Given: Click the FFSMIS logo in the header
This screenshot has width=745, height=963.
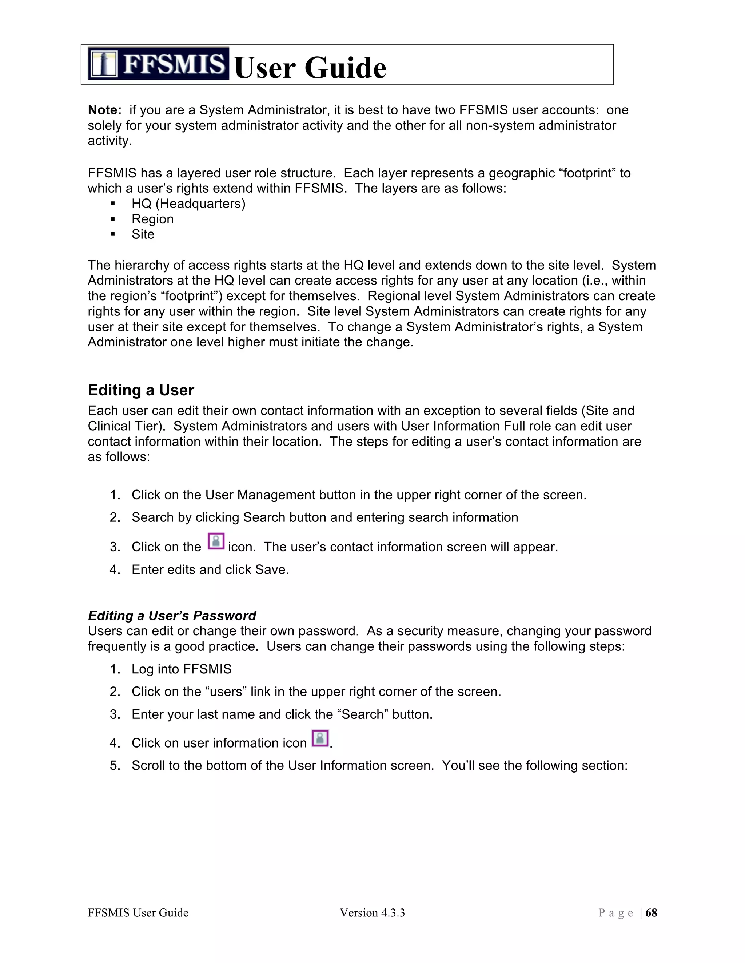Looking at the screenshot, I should [158, 63].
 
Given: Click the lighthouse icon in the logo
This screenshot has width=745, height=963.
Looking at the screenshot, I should [103, 64].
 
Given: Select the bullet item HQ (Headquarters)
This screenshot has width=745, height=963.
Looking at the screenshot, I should [188, 204].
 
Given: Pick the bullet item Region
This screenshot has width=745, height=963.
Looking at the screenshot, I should [152, 219].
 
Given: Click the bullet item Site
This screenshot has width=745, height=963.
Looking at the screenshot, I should [143, 234].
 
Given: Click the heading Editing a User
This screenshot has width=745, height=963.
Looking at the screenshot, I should [141, 390].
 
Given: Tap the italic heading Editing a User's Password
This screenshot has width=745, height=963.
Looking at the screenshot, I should [172, 616].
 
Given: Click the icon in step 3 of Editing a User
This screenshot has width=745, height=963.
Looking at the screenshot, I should [216, 541].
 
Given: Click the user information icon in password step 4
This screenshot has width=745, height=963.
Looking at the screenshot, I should [320, 738].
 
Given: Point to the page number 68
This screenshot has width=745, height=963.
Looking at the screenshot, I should [651, 913].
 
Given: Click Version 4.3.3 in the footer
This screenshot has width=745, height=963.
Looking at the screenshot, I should [372, 913].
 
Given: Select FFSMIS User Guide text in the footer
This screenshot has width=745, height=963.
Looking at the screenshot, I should [138, 913].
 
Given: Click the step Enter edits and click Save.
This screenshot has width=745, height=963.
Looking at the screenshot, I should [210, 570].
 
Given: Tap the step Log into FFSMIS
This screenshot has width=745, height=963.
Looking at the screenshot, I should [182, 669].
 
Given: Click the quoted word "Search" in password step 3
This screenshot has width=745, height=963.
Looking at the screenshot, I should [362, 714].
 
